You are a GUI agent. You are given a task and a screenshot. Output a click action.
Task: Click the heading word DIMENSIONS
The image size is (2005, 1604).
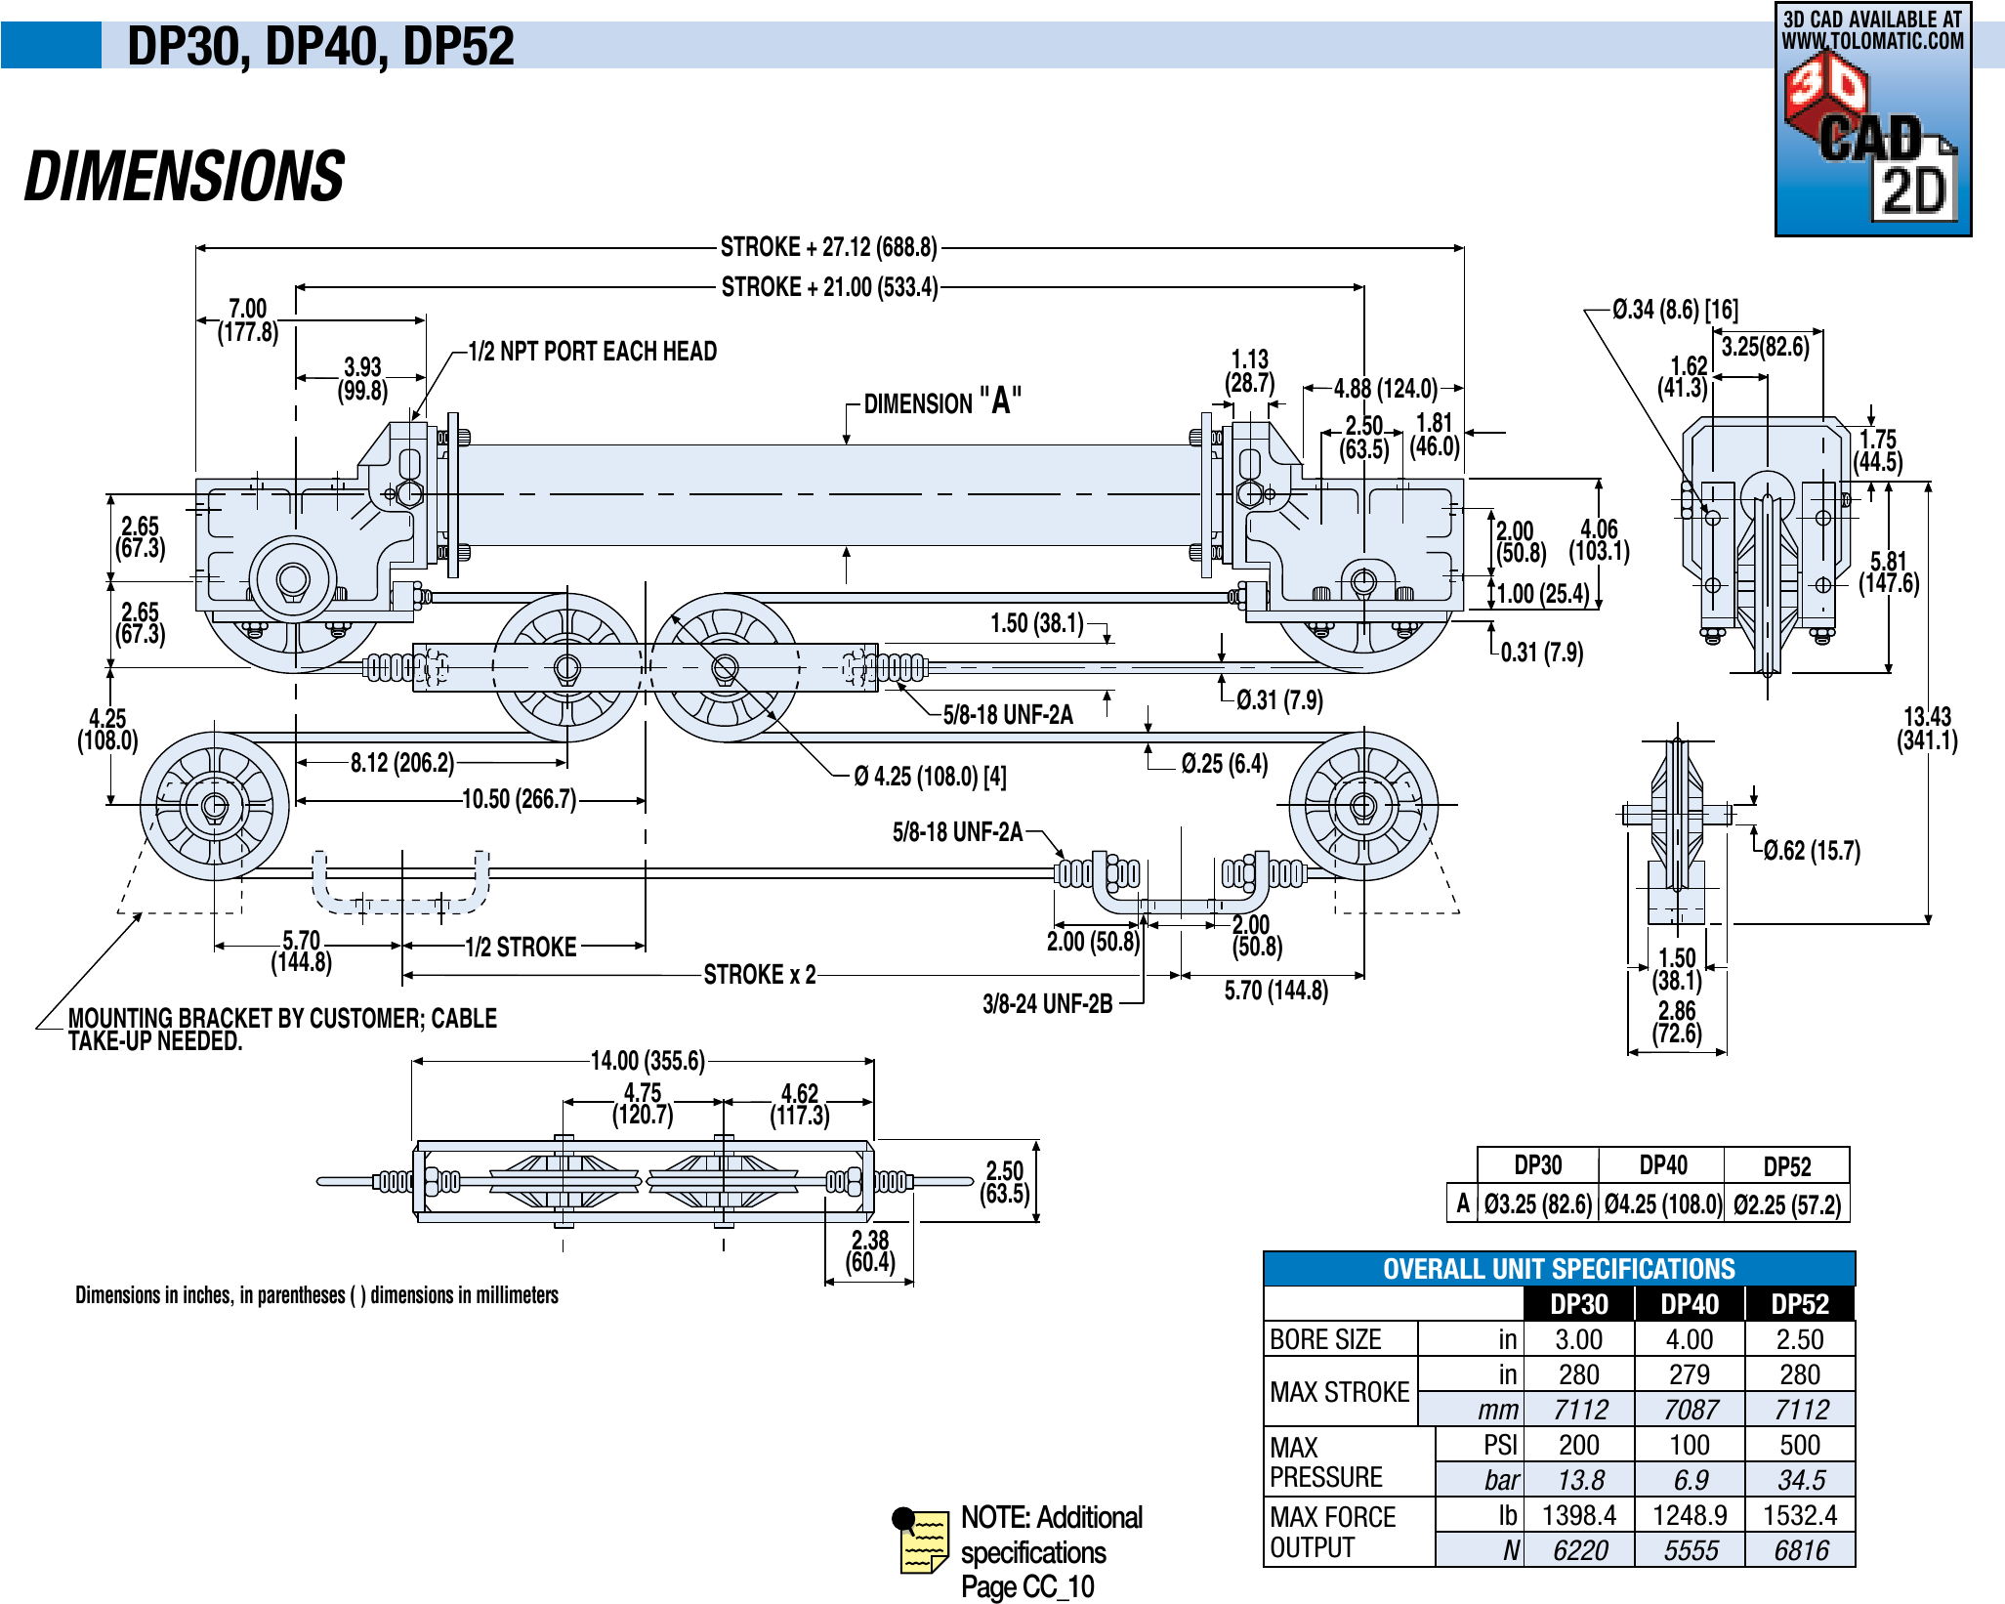[185, 177]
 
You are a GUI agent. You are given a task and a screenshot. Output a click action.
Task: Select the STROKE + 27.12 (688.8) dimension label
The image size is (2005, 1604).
[828, 247]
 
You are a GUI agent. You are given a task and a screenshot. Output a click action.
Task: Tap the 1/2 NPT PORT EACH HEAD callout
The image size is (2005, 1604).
[592, 352]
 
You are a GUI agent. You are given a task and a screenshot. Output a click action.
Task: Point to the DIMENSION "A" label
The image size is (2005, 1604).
[942, 401]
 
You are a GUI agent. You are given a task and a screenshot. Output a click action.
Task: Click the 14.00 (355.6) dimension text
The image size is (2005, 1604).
[647, 1061]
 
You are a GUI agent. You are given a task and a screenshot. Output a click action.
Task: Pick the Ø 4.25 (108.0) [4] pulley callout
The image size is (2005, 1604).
[930, 777]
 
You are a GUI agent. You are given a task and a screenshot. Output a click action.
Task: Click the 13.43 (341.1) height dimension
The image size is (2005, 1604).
[1927, 729]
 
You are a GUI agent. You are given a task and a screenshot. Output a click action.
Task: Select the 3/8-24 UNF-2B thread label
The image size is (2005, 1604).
[1047, 1004]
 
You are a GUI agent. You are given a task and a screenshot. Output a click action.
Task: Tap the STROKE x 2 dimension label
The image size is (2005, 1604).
[760, 975]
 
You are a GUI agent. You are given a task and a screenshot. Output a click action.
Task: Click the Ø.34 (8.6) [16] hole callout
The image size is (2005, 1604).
[1675, 310]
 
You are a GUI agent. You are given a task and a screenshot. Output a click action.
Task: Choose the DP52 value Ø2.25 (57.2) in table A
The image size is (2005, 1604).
[1787, 1204]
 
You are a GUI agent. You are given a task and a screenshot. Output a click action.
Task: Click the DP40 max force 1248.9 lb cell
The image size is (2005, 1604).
[1690, 1515]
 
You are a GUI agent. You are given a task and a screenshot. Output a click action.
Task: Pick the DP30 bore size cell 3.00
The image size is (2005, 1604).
[1578, 1339]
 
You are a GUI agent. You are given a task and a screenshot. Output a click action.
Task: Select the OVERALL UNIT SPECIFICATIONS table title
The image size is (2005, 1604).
[1559, 1269]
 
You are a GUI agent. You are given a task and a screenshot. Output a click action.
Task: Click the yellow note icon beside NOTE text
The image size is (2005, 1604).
[921, 1541]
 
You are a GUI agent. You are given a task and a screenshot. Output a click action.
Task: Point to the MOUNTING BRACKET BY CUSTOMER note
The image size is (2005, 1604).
[282, 1030]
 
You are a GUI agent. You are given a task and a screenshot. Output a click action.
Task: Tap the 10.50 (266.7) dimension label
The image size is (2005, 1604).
[519, 800]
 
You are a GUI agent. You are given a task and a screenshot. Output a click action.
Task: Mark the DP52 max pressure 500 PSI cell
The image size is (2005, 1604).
[1799, 1445]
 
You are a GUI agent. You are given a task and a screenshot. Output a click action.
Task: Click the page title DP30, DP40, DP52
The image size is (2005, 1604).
[320, 46]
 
